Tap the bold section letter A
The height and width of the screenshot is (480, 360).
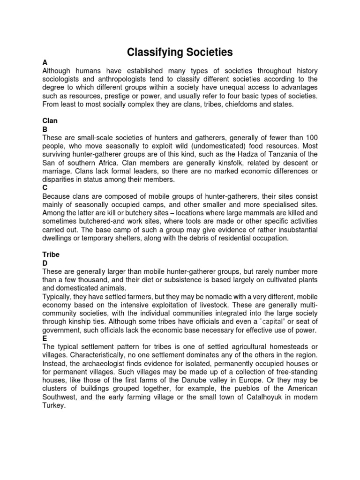[x=45, y=62]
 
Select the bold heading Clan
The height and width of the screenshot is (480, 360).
[x=49, y=120]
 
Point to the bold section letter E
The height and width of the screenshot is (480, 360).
[x=45, y=338]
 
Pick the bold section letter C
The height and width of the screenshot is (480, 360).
[x=45, y=187]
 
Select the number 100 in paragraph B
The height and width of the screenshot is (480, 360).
[x=311, y=137]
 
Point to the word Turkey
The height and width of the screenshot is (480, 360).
[x=53, y=406]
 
